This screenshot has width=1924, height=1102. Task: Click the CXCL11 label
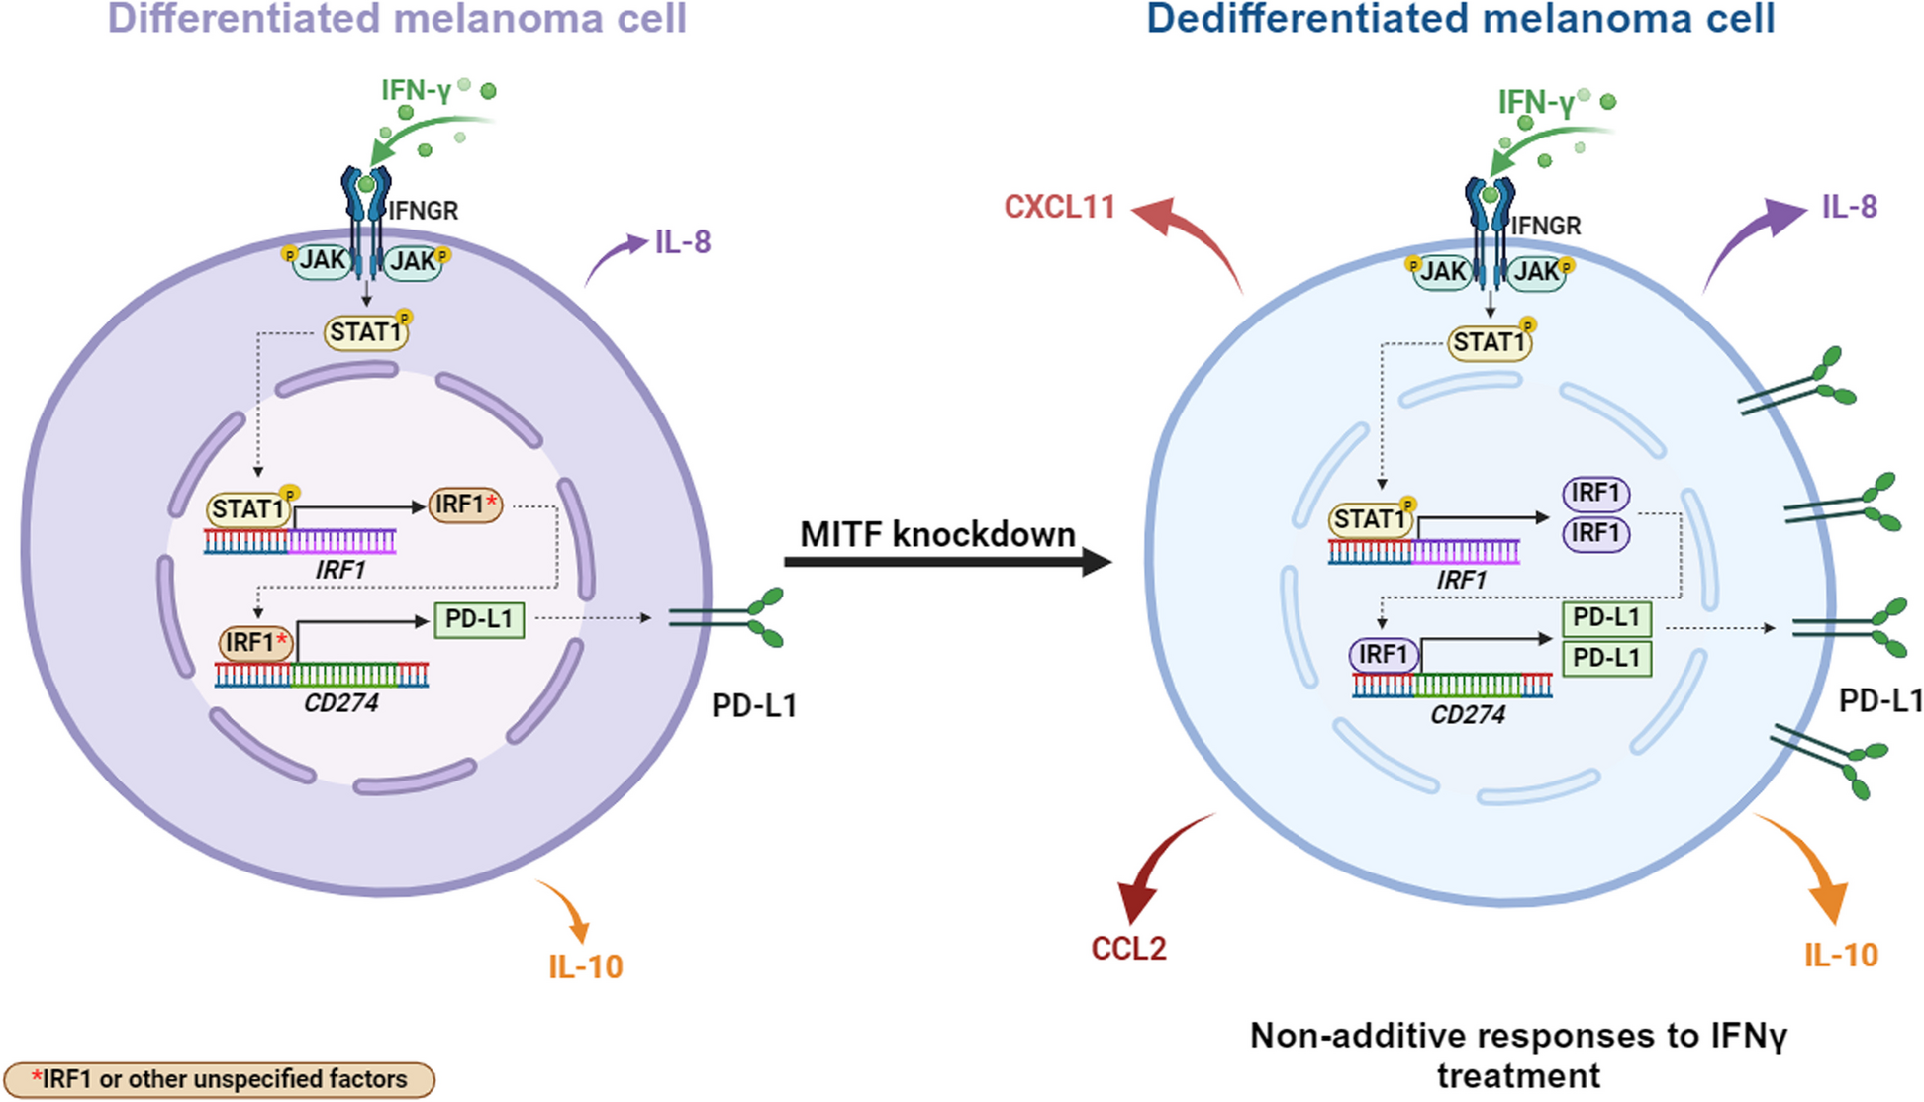click(x=1058, y=207)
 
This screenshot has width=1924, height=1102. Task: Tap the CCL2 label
click(x=1128, y=949)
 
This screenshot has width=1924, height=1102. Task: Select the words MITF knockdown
click(x=937, y=534)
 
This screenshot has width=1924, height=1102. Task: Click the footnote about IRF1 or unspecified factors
click(x=219, y=1079)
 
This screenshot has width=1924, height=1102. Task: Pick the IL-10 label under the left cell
click(x=586, y=966)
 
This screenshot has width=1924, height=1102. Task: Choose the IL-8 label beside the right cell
click(x=1849, y=207)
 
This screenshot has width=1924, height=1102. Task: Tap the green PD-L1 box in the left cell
click(x=479, y=620)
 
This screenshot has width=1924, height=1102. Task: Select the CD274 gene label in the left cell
click(x=340, y=703)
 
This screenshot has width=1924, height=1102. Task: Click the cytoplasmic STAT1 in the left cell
click(x=365, y=332)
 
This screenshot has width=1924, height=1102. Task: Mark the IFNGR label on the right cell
click(x=1545, y=227)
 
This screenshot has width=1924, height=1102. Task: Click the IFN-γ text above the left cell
click(x=416, y=91)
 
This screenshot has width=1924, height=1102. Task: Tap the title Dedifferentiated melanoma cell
click(x=1460, y=20)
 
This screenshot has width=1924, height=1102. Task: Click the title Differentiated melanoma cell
click(x=397, y=20)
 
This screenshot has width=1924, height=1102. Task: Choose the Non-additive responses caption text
click(x=1518, y=1055)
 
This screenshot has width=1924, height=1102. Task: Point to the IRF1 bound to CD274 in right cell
click(x=1384, y=655)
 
